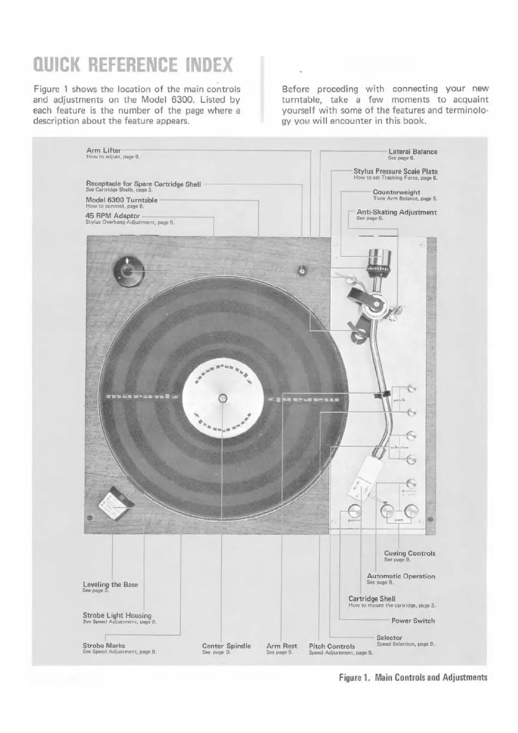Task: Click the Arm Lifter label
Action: (x=104, y=151)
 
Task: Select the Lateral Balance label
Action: (x=412, y=152)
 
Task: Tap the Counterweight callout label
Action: (x=396, y=192)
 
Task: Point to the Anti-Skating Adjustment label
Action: (x=396, y=212)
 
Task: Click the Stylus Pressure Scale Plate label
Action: (x=395, y=171)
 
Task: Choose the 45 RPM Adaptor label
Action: (x=113, y=216)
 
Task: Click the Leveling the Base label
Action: (x=110, y=585)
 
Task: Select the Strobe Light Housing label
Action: (x=117, y=615)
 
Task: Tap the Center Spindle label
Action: (x=226, y=646)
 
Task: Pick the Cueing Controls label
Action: (x=409, y=553)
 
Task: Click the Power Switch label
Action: (x=413, y=621)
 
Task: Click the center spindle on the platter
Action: (x=222, y=398)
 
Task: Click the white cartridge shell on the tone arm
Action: (x=363, y=478)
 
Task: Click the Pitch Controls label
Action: (x=332, y=646)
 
